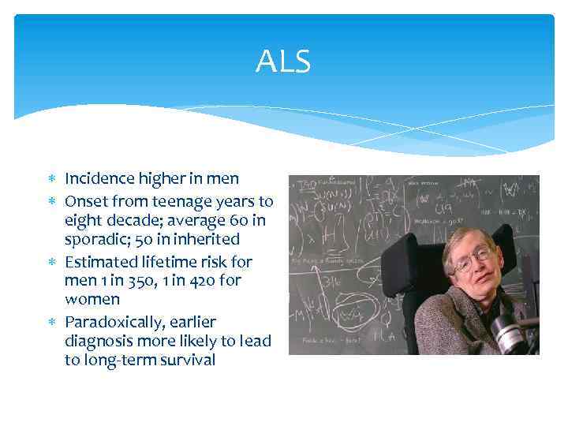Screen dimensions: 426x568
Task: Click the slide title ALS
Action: [x=283, y=61]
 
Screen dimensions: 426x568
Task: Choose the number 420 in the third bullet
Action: [x=200, y=280]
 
